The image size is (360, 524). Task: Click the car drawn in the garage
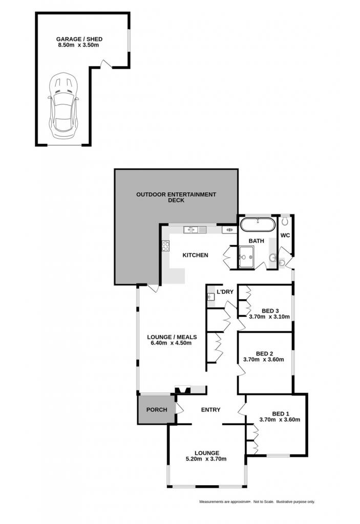[x=63, y=106]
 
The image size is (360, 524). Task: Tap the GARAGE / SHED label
[x=79, y=39]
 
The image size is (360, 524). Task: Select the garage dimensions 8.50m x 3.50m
[x=78, y=45]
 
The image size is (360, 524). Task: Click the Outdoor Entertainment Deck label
[x=176, y=197]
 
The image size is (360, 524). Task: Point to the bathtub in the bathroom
[x=258, y=225]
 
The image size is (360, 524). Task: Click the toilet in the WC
[x=285, y=221]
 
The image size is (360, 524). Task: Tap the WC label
[x=285, y=235]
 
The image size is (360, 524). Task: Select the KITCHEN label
[x=195, y=255]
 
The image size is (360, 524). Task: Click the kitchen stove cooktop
[x=165, y=246]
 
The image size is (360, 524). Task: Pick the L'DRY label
[x=225, y=292]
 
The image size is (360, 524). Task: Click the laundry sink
[x=211, y=296]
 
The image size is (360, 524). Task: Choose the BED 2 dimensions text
[x=263, y=360]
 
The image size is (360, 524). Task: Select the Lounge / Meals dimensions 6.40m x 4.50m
[x=170, y=343]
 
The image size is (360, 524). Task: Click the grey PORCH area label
[x=157, y=409]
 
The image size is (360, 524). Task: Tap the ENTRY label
[x=210, y=409]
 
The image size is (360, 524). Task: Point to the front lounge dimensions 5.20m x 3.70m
[x=206, y=459]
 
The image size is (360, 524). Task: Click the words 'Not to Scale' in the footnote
[x=264, y=501]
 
